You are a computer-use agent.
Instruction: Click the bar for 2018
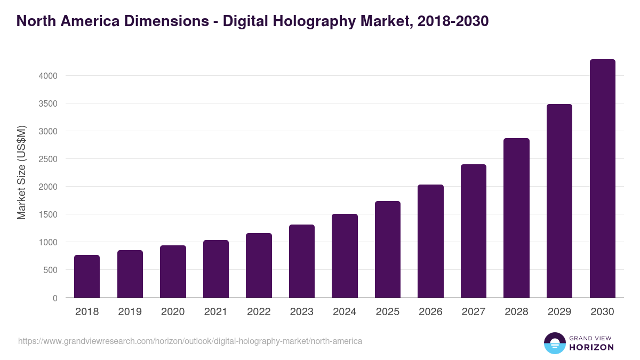pyautogui.click(x=87, y=276)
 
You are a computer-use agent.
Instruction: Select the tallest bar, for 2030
pyautogui.click(x=602, y=179)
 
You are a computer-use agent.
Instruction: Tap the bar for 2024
pyautogui.click(x=345, y=256)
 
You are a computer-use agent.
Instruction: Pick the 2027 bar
pyautogui.click(x=474, y=231)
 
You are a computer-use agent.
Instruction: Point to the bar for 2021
pyautogui.click(x=216, y=269)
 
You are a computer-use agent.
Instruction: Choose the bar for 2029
pyautogui.click(x=559, y=201)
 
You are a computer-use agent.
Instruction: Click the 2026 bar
pyautogui.click(x=430, y=241)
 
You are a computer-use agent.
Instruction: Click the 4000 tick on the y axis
pyautogui.click(x=48, y=76)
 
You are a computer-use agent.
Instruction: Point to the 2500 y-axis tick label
pyautogui.click(x=48, y=159)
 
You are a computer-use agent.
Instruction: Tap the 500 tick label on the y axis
pyautogui.click(x=51, y=270)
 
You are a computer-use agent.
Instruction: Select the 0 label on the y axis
pyautogui.click(x=55, y=298)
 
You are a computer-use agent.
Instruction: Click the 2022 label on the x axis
pyautogui.click(x=259, y=312)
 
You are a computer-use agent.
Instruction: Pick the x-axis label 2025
pyautogui.click(x=388, y=312)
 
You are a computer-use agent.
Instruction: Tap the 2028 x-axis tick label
pyautogui.click(x=516, y=312)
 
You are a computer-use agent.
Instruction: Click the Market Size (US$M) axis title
pyautogui.click(x=21, y=173)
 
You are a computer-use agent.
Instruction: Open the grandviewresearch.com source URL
pyautogui.click(x=190, y=341)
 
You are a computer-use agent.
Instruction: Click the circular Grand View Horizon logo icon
pyautogui.click(x=554, y=343)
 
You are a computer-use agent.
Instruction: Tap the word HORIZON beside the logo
pyautogui.click(x=591, y=347)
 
